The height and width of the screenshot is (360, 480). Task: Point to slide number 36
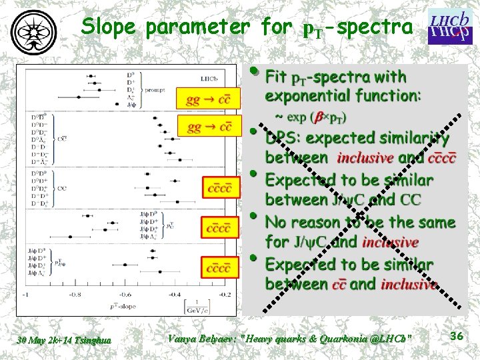pos(456,337)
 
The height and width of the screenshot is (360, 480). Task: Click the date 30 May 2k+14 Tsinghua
pos(65,341)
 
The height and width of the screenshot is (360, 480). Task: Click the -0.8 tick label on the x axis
pos(75,295)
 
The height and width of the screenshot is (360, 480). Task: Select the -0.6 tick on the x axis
pos(125,295)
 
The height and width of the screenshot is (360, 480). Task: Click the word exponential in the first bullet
pos(304,96)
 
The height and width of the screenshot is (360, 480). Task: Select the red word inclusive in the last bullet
pos(409,285)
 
